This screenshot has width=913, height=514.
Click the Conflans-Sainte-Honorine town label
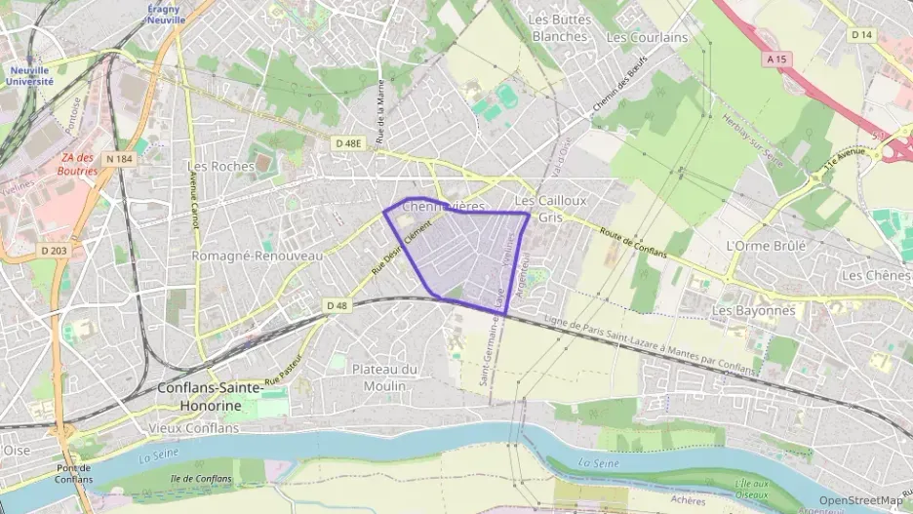point(210,397)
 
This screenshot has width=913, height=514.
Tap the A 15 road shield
point(776,59)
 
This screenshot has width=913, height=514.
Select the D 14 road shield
point(860,35)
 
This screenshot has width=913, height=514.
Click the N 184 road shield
point(119,159)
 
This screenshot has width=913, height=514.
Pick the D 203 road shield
point(56,251)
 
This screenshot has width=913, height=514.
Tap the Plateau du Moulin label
point(384,376)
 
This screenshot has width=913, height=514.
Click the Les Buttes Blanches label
point(560,27)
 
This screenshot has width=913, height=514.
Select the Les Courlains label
point(647,38)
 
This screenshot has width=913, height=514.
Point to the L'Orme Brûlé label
point(767,246)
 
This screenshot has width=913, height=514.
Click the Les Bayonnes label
point(754,310)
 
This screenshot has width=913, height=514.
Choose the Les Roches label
point(220,166)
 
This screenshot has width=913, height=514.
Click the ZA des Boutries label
point(79,164)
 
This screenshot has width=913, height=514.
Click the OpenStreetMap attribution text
point(860,501)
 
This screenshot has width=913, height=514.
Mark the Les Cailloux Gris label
point(550,209)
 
